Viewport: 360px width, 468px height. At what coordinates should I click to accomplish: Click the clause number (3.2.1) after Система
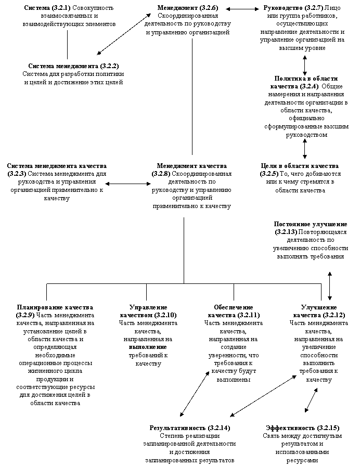click(x=61, y=8)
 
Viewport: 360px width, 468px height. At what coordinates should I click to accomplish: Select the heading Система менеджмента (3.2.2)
click(x=73, y=66)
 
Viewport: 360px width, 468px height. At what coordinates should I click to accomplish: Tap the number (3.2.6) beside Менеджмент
click(x=209, y=8)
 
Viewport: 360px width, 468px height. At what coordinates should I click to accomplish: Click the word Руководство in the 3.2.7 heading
click(x=281, y=8)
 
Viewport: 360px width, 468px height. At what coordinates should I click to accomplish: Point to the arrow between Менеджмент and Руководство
click(x=242, y=9)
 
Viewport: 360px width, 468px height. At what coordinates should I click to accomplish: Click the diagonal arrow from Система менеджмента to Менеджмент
click(x=124, y=34)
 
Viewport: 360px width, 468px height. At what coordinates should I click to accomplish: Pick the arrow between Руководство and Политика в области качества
click(x=304, y=66)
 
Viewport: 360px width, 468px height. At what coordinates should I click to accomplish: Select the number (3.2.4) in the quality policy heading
click(x=309, y=86)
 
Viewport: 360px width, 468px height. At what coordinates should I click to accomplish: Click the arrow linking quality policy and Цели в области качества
click(x=304, y=149)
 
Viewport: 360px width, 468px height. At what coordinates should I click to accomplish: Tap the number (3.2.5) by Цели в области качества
click(x=269, y=174)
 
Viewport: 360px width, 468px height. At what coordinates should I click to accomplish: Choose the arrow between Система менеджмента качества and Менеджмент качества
click(x=128, y=184)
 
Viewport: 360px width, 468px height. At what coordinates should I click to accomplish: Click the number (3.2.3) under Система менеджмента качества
click(x=17, y=174)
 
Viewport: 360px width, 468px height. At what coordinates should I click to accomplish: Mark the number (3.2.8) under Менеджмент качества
click(x=161, y=174)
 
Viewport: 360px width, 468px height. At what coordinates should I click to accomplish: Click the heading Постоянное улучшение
click(x=311, y=224)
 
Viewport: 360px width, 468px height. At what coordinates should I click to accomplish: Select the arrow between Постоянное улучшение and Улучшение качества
click(x=329, y=285)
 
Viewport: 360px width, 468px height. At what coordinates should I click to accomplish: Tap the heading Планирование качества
click(x=55, y=307)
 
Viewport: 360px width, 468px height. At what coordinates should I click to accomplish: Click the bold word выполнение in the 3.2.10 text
click(x=148, y=347)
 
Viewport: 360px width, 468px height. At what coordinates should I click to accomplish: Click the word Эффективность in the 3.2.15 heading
click(x=290, y=428)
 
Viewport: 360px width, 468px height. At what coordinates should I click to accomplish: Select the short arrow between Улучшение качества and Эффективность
click(x=311, y=400)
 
